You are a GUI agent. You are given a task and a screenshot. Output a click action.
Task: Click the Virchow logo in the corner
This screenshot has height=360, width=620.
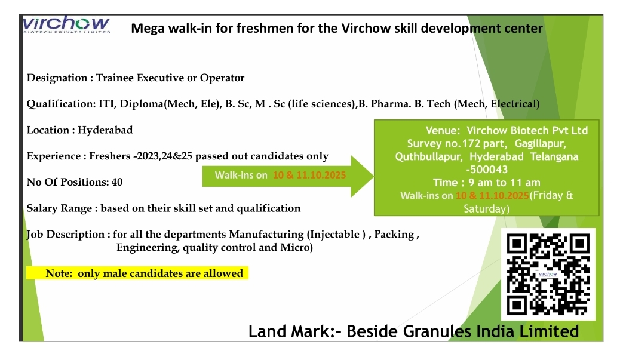66,24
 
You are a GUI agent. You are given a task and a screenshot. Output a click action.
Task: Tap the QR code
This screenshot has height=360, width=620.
548,274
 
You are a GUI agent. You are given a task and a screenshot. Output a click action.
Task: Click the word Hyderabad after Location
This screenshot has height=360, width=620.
105,130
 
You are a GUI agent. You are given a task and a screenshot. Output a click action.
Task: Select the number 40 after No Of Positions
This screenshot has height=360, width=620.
117,182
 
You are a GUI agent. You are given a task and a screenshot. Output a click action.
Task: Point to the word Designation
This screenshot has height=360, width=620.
57,78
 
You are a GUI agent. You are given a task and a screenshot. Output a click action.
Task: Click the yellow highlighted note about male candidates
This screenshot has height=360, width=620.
137,273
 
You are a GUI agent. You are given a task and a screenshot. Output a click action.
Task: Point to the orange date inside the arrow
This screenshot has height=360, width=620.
309,175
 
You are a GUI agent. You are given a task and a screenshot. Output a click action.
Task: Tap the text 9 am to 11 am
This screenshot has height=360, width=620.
504,183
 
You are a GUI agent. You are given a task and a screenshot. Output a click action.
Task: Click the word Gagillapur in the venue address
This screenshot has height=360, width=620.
541,143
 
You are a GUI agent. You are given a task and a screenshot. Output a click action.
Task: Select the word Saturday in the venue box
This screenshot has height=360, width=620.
487,208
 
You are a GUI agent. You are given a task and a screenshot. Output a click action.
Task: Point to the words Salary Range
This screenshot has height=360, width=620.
59,208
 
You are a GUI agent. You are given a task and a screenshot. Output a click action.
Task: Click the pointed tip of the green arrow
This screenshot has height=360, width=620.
373,176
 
